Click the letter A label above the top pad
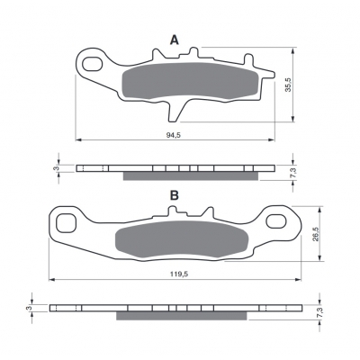click(175, 40)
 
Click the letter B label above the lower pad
click(175, 195)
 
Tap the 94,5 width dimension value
click(174, 135)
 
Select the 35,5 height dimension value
click(288, 85)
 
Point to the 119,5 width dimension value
click(175, 274)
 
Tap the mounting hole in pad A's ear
click(92, 64)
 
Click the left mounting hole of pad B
click(66, 223)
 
